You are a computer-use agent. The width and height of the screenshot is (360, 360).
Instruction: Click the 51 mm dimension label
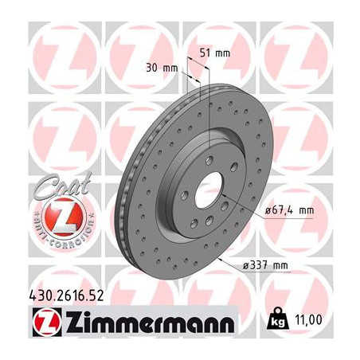(x=212, y=53)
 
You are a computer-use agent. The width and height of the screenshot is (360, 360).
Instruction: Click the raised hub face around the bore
(x=191, y=211)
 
